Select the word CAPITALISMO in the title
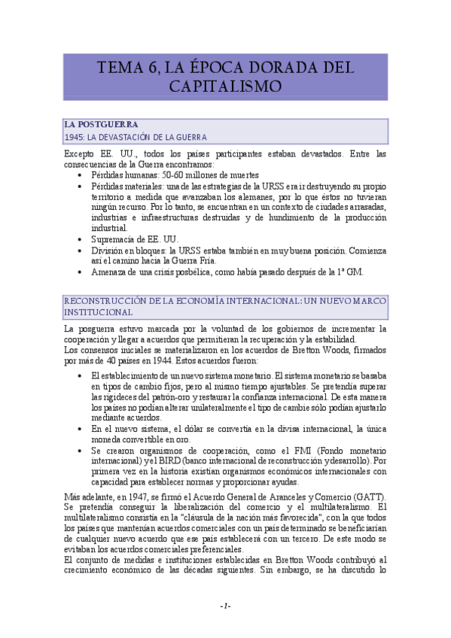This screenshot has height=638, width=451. [x=226, y=87]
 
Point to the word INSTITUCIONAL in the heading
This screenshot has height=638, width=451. [x=98, y=311]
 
